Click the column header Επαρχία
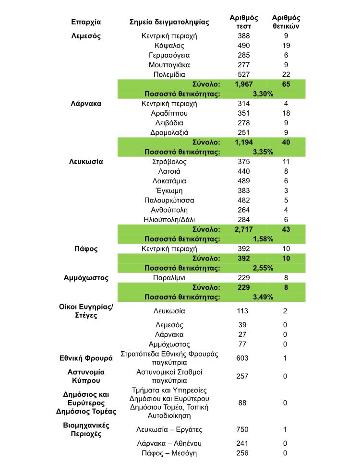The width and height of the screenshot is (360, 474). pyautogui.click(x=86, y=22)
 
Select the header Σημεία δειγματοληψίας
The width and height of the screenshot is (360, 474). pyautogui.click(x=169, y=22)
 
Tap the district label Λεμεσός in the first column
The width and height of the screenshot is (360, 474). pyautogui.click(x=86, y=36)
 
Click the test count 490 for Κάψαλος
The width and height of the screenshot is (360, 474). pyautogui.click(x=244, y=46)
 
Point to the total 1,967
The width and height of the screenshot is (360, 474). pyautogui.click(x=244, y=84)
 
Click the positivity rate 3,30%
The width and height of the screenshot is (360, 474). pyautogui.click(x=263, y=94)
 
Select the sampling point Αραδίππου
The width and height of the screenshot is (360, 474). pyautogui.click(x=169, y=113)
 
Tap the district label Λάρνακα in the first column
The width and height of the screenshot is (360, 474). pyautogui.click(x=86, y=104)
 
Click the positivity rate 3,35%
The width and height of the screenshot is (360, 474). pyautogui.click(x=263, y=152)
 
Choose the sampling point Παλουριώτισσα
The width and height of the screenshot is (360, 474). pyautogui.click(x=169, y=200)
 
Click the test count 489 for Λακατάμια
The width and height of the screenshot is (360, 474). pyautogui.click(x=244, y=181)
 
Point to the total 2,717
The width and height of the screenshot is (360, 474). pyautogui.click(x=244, y=229)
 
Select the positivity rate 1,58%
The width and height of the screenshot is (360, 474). pyautogui.click(x=263, y=239)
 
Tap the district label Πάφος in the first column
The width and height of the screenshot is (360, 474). pyautogui.click(x=86, y=249)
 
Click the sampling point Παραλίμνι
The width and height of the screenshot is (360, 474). pyautogui.click(x=169, y=278)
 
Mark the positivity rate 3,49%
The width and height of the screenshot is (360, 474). pyautogui.click(x=263, y=297)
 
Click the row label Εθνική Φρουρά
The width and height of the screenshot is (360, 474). pyautogui.click(x=86, y=358)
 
